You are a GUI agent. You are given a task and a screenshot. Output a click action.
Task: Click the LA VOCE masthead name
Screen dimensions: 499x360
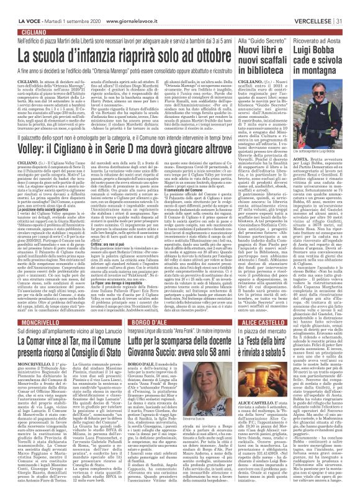coord(17,6)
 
